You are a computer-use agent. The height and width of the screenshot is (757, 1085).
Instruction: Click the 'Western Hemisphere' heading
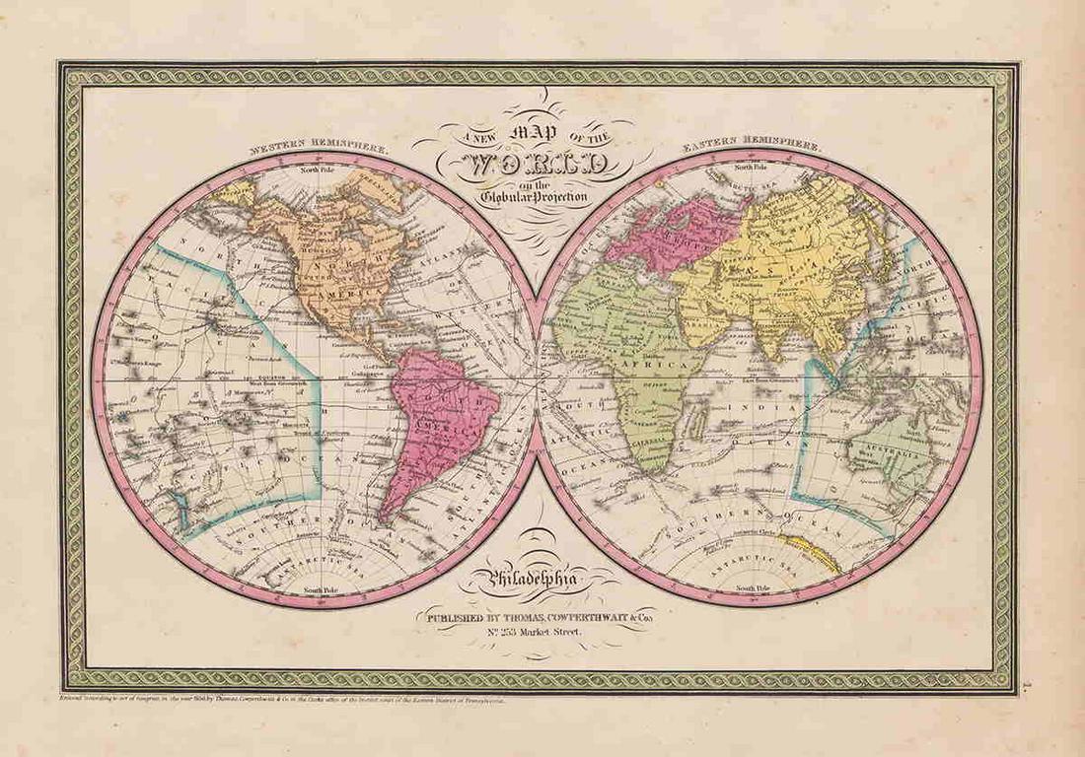[x=318, y=148]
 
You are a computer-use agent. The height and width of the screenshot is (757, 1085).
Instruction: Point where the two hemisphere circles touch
[x=538, y=378]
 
